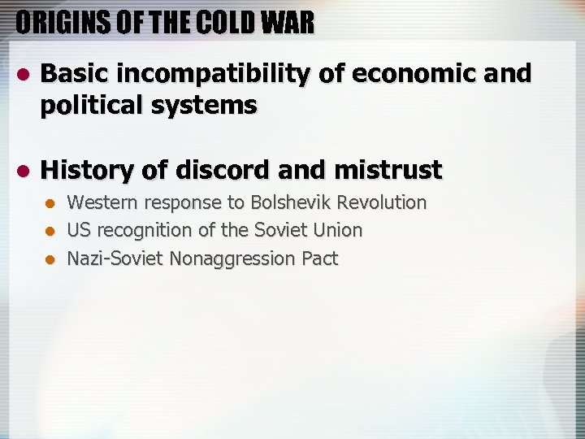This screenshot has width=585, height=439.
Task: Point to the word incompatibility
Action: (214, 74)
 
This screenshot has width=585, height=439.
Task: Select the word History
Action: (86, 170)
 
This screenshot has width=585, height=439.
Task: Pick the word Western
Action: (103, 202)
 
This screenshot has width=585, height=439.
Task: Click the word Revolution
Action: (382, 202)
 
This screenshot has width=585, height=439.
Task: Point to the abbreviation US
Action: (79, 230)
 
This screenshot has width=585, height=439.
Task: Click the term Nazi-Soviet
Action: (113, 259)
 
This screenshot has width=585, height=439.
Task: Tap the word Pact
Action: (319, 259)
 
